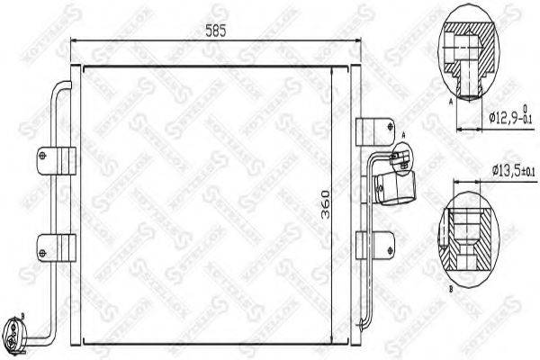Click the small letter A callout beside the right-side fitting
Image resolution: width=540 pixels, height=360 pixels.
point(404,135)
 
